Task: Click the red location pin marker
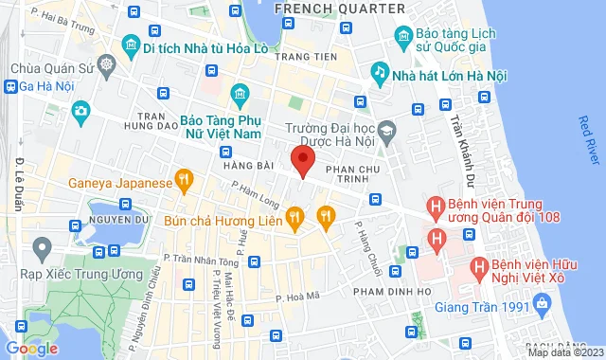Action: [x=302, y=161]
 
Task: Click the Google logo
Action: [x=31, y=349]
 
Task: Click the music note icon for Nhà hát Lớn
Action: [x=379, y=72]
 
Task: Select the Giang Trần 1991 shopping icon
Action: [x=542, y=303]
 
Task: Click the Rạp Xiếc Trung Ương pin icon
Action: [x=40, y=248]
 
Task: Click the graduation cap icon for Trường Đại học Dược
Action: [x=386, y=129]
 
